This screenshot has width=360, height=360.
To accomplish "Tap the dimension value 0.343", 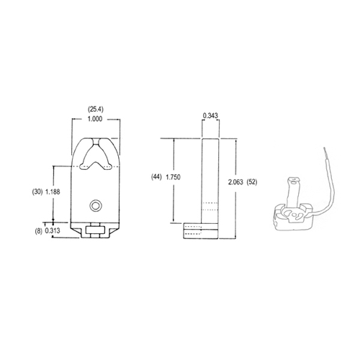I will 210,115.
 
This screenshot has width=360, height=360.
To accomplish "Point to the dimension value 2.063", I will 235,182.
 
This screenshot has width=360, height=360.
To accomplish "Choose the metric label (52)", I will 253,182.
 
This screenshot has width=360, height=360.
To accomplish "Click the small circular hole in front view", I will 94,206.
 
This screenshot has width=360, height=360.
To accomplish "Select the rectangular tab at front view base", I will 94,231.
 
